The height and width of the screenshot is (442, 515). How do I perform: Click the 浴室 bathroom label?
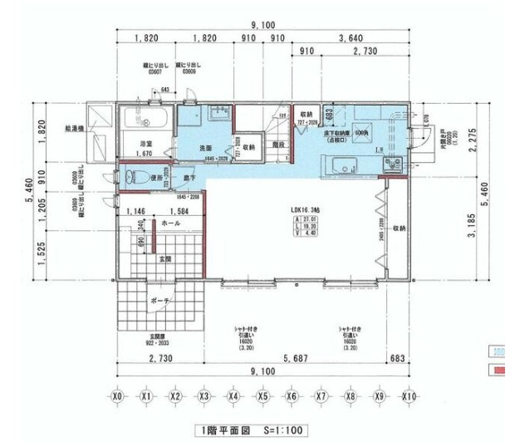pos(146,144)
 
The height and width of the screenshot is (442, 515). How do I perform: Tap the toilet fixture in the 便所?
pos(130,177)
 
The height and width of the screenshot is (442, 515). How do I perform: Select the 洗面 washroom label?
pos(205,148)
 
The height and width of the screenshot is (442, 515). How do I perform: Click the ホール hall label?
pos(169,223)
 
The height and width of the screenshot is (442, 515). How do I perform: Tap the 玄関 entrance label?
pos(166,258)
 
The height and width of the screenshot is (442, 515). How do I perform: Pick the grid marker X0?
pos(117,397)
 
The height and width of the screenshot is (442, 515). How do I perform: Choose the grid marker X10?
pos(409,397)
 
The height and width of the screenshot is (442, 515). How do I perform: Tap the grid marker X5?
pos(262,397)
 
